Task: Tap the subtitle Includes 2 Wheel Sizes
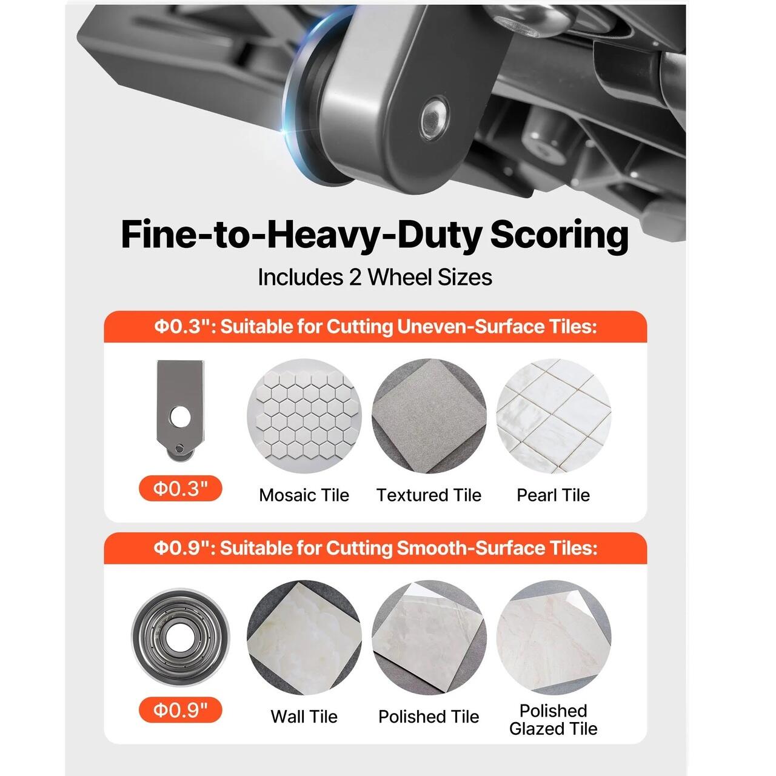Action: pyautogui.click(x=375, y=278)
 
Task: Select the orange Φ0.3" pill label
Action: pyautogui.click(x=181, y=489)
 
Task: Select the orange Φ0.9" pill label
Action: pyautogui.click(x=181, y=710)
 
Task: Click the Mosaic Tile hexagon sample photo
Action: pyautogui.click(x=304, y=416)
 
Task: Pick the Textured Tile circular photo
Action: pyautogui.click(x=429, y=416)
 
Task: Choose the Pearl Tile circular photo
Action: pyautogui.click(x=554, y=416)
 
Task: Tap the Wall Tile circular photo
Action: pyautogui.click(x=304, y=637)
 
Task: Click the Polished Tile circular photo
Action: pyautogui.click(x=429, y=637)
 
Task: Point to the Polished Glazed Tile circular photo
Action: pyautogui.click(x=554, y=637)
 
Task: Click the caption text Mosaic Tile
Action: pyautogui.click(x=304, y=495)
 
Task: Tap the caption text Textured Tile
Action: pyautogui.click(x=429, y=495)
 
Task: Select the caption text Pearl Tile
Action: pyautogui.click(x=554, y=495)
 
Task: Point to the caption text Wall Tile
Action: pyautogui.click(x=304, y=717)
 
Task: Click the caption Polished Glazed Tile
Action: pyautogui.click(x=554, y=720)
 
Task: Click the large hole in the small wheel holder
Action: pyautogui.click(x=180, y=417)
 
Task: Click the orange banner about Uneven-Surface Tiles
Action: pyautogui.click(x=375, y=327)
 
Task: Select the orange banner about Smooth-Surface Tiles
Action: pyautogui.click(x=375, y=548)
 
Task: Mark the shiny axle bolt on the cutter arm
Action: pyautogui.click(x=434, y=119)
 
